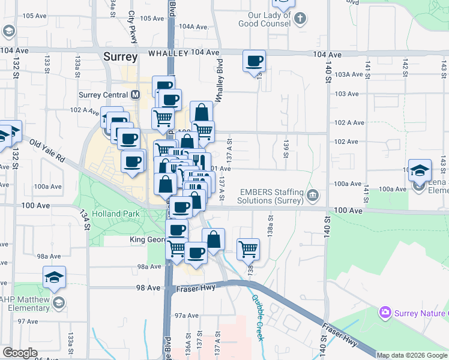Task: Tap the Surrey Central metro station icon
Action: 135,95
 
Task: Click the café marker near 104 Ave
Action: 254,61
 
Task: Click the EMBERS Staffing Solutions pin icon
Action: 312,195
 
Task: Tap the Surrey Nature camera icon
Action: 384,312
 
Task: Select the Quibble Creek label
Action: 258,317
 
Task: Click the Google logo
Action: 20,353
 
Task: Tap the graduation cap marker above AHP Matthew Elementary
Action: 54,278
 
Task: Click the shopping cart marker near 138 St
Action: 248,248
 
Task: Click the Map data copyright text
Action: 412,355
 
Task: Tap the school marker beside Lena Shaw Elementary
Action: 420,170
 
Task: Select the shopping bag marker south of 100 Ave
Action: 213,239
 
